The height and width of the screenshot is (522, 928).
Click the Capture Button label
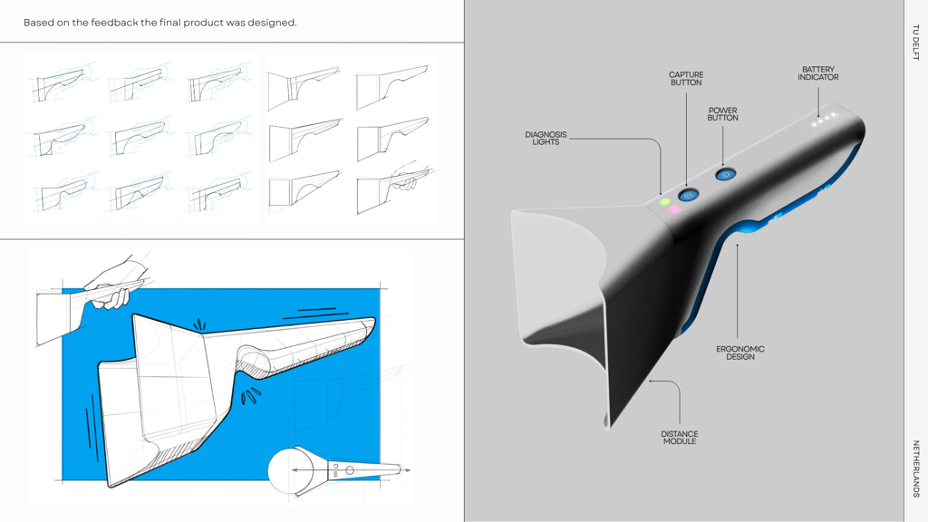686,79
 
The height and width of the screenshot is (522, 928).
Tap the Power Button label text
722,114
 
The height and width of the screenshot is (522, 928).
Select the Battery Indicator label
818,73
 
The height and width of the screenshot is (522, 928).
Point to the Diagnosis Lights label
546,139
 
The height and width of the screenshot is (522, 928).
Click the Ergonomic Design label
739,353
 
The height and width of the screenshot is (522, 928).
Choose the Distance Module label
680,438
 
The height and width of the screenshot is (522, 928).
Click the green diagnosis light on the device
665,202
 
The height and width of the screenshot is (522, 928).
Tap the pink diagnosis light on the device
674,209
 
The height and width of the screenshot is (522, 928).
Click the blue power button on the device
726,175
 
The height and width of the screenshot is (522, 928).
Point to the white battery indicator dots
825,120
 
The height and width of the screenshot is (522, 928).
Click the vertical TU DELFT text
915,42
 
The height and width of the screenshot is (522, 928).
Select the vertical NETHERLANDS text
915,469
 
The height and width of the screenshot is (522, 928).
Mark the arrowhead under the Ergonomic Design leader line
737,245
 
